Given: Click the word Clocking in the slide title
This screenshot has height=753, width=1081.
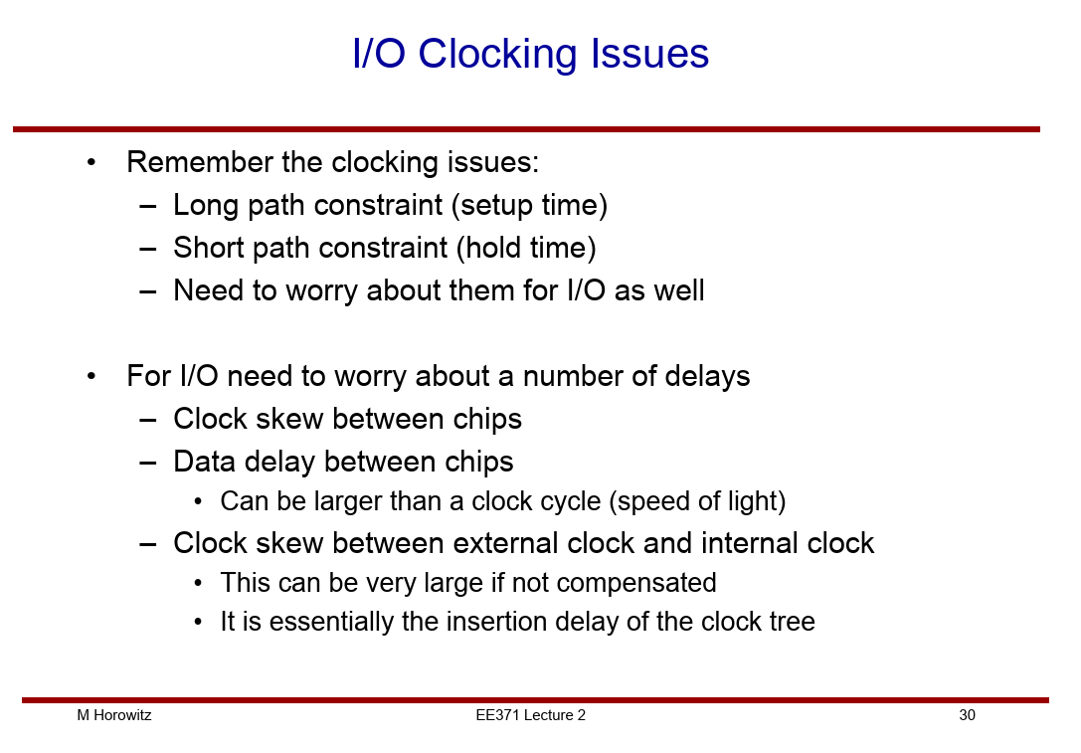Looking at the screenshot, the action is coord(496,55).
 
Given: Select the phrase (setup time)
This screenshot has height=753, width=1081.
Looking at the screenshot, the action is coord(529,206).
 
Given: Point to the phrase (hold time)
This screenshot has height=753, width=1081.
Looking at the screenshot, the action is coord(526,249).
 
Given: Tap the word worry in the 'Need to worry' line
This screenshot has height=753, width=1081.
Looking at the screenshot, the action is coord(321,291).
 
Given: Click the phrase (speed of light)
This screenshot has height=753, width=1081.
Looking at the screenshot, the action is coord(698,501).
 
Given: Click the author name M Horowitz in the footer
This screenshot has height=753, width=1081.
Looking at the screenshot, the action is coord(114,715).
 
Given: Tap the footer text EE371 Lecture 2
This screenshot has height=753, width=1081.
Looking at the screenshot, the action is coord(530,715).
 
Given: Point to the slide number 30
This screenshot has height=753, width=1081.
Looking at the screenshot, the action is coord(967,715).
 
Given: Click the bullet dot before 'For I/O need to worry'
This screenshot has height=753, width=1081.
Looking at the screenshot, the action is coord(91,376).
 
